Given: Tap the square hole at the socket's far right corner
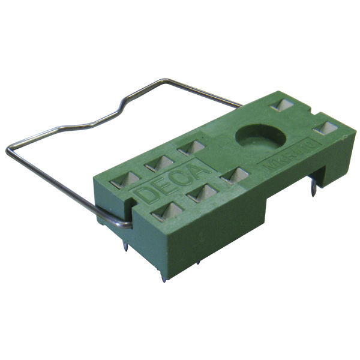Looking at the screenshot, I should (x=326, y=128).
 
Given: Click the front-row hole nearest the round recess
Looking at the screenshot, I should (x=235, y=176).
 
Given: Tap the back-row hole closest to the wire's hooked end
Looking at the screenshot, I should (x=126, y=179).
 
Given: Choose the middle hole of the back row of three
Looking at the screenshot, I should (x=159, y=163).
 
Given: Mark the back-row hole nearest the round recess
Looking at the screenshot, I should (x=191, y=148).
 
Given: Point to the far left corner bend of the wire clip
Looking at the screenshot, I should (x=10, y=150).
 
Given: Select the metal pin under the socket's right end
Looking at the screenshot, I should (x=314, y=191).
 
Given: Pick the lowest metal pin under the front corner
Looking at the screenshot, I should (x=163, y=276).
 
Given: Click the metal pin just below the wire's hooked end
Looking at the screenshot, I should (x=125, y=244).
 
